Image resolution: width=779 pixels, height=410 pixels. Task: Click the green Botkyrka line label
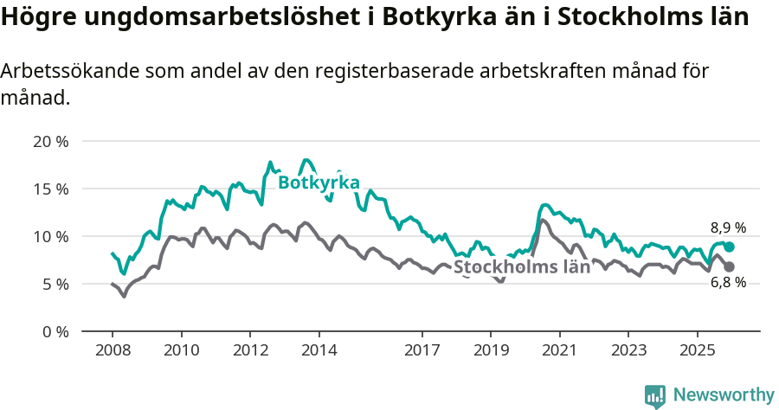(319, 183)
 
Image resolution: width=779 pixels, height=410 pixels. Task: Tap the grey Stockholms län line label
(522, 266)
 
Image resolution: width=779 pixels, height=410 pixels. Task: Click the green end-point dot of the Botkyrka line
(730, 247)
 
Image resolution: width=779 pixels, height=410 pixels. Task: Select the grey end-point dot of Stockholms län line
(730, 266)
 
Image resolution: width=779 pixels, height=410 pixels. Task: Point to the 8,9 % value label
(728, 228)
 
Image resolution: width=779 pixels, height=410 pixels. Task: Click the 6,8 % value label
(728, 283)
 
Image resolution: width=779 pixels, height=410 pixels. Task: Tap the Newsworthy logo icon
(655, 396)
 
